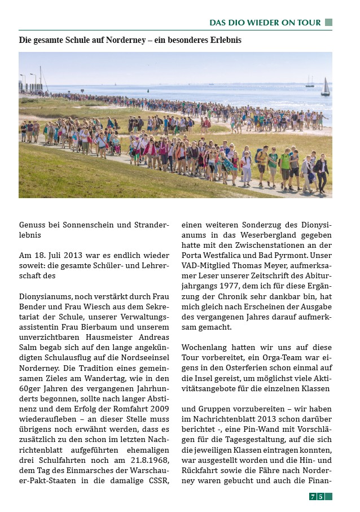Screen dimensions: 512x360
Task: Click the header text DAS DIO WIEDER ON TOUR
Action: (x=265, y=23)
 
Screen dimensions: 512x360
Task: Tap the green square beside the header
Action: (x=328, y=23)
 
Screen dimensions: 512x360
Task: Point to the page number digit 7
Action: (x=312, y=497)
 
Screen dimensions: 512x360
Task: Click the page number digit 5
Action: (x=321, y=497)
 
